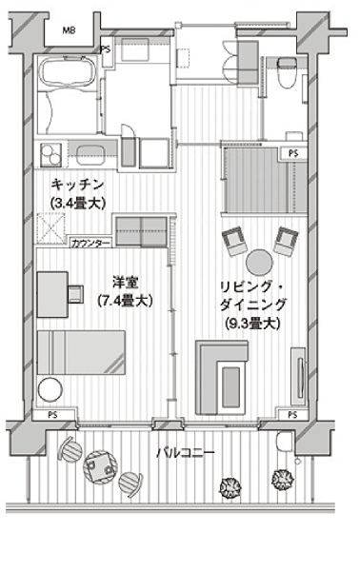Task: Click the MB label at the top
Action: [69, 30]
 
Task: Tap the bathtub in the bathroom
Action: [67, 72]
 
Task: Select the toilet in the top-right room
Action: [286, 72]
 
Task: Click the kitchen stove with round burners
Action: [50, 155]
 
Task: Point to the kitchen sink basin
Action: [90, 154]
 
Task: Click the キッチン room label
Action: [77, 185]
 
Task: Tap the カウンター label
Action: [90, 244]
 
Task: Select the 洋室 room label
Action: [125, 283]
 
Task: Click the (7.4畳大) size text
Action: [125, 301]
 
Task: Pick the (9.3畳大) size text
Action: [252, 323]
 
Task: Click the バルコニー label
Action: [185, 453]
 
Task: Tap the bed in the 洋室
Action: [81, 352]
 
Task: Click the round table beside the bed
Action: [50, 389]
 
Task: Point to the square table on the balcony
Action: [100, 467]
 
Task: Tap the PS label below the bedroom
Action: [53, 414]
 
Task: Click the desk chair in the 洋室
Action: [76, 294]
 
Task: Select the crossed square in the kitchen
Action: [51, 228]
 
